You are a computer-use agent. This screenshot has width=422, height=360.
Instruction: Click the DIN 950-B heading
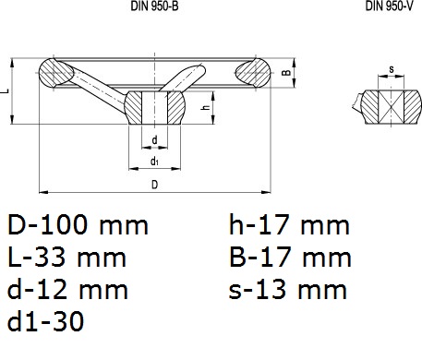pos(154,6)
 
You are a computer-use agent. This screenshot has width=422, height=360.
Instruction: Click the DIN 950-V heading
pos(389,6)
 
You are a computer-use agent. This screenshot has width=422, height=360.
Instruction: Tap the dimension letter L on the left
pos(5,91)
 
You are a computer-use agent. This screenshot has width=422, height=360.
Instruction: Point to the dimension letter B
pos(286,73)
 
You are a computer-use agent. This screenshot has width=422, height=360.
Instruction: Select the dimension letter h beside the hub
pos(206,107)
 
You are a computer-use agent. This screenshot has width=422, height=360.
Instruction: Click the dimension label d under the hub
pos(154,140)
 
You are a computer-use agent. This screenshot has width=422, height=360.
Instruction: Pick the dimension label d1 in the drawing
pos(154,161)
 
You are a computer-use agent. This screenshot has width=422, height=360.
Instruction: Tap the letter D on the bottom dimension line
pos(154,185)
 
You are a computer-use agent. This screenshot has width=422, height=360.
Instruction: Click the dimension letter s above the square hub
pos(392,69)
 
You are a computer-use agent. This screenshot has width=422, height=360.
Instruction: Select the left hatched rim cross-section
pos(56,73)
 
